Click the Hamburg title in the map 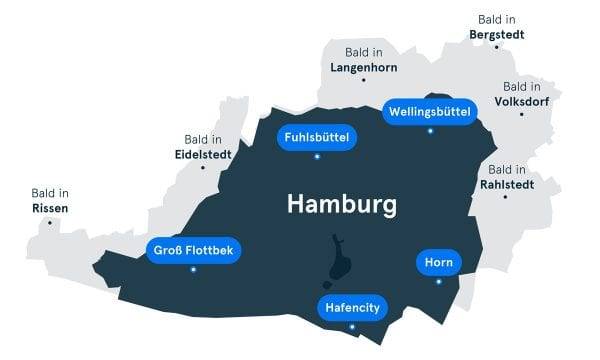click(x=341, y=204)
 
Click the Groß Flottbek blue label click(x=193, y=250)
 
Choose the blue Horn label click(x=437, y=263)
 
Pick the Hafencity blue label click(x=352, y=308)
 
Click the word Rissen click(x=50, y=208)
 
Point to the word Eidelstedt click(x=204, y=155)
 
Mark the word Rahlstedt click(x=507, y=183)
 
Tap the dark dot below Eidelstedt click(x=203, y=168)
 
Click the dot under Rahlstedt click(x=506, y=196)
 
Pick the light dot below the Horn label click(x=438, y=281)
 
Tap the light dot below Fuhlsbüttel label click(x=316, y=157)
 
